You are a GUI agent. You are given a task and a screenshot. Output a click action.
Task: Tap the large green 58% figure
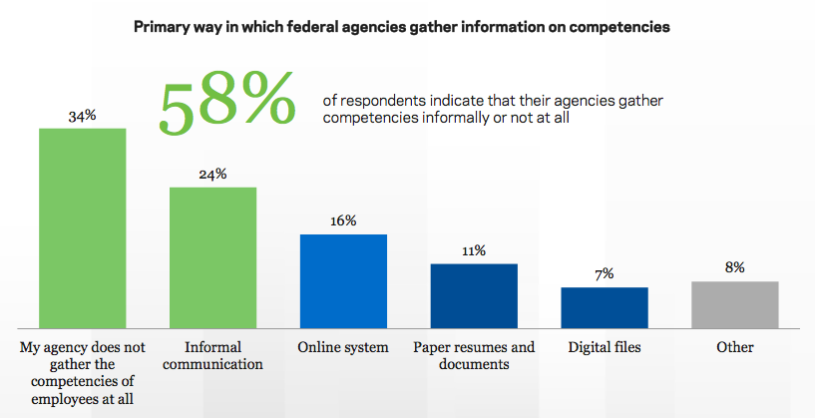click(227, 104)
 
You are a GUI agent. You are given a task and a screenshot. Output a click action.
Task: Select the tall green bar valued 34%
click(82, 228)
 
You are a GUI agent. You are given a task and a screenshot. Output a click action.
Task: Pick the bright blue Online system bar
click(343, 281)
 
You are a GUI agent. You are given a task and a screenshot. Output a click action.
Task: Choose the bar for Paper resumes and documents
click(474, 296)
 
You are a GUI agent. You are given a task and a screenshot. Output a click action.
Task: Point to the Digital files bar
click(605, 307)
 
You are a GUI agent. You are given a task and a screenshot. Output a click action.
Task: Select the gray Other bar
click(734, 304)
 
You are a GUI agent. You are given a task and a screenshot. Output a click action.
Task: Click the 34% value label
click(82, 116)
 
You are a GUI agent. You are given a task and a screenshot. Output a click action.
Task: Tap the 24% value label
click(212, 174)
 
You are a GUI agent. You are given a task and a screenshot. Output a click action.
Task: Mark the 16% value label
click(343, 220)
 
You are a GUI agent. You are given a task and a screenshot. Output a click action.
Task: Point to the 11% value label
click(474, 250)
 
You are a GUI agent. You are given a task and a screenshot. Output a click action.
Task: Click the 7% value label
click(605, 273)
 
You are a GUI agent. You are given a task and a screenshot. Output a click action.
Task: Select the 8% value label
click(734, 267)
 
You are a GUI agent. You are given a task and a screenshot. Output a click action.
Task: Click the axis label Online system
click(343, 348)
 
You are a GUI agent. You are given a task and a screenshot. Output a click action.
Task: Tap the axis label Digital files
click(605, 348)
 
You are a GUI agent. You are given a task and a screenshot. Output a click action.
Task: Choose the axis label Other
click(734, 348)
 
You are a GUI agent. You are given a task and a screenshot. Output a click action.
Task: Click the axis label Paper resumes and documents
click(474, 356)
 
